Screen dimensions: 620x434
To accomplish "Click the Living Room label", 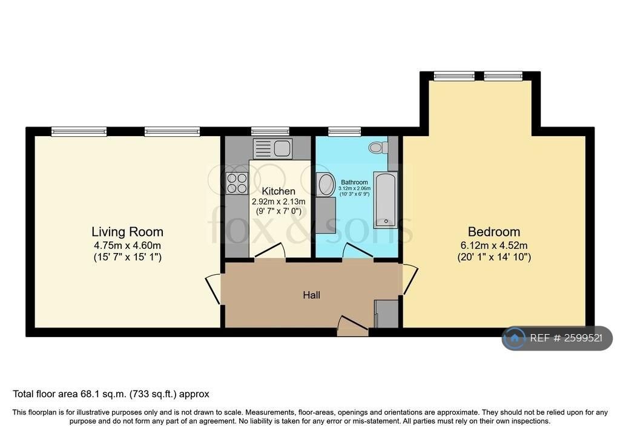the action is pos(127,232).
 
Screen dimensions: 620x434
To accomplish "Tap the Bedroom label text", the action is pos(494,232).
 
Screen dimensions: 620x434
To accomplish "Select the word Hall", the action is pos(312,295).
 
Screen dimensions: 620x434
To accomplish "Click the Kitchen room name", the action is pos(279,191).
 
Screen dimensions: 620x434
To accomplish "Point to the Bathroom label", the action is pos(354,182).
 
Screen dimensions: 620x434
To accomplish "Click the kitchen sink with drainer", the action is pos(272,148).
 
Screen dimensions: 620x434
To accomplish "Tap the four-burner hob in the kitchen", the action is pos(237,183).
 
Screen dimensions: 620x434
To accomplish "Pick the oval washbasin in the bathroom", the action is pos(326,185).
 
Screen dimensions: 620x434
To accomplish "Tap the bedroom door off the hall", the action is pos(411,280).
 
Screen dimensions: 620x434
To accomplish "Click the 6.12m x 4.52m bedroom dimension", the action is pos(494,246).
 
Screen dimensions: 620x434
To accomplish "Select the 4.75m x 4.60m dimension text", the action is pos(127,246).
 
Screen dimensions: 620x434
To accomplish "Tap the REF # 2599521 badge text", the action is pos(566,338).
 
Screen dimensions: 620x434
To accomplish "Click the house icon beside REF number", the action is pos(514,338).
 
